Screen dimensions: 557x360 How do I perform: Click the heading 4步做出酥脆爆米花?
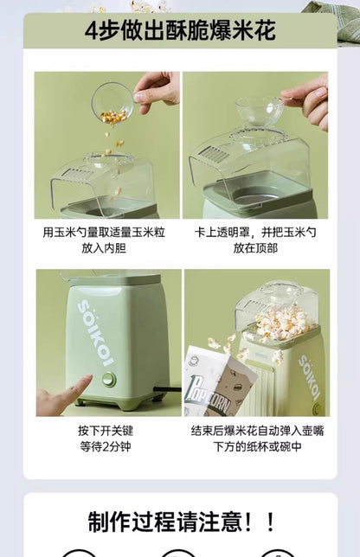click(x=180, y=32)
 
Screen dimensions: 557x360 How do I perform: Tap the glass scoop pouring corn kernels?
click(x=112, y=100)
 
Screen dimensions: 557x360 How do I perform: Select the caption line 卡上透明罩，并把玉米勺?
click(x=255, y=234)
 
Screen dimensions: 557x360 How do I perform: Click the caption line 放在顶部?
click(x=255, y=248)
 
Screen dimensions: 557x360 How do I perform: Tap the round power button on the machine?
click(x=109, y=379)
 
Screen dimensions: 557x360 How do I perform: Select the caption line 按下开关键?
click(x=107, y=430)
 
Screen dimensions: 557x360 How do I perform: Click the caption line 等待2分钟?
click(x=107, y=445)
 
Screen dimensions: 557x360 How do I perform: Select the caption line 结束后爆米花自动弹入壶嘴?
click(x=255, y=430)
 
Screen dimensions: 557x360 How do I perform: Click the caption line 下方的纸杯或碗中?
click(x=255, y=445)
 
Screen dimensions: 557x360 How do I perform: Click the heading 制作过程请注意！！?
click(x=180, y=522)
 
